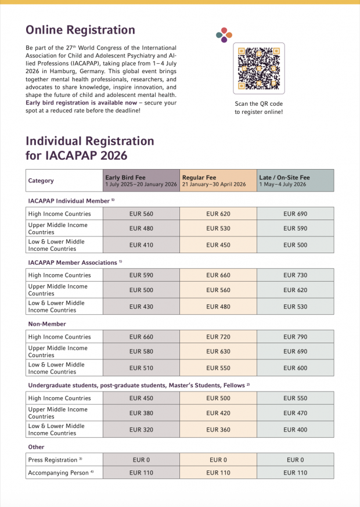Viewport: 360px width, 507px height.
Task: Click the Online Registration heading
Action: (x=80, y=30)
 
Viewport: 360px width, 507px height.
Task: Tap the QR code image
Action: (x=258, y=68)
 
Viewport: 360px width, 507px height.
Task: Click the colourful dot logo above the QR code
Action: (x=224, y=34)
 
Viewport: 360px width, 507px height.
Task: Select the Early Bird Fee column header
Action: (x=141, y=181)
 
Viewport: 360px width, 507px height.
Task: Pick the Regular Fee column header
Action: (x=218, y=181)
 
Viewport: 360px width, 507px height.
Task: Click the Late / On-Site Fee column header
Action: (x=295, y=181)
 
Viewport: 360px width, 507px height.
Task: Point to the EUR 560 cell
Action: (x=141, y=214)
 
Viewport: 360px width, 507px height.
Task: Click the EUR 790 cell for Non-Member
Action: (x=295, y=337)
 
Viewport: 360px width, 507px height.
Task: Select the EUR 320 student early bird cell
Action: (x=141, y=430)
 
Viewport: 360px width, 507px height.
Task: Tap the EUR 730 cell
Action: (x=295, y=275)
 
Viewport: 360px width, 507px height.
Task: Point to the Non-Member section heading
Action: (x=47, y=324)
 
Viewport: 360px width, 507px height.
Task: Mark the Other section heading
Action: (x=36, y=447)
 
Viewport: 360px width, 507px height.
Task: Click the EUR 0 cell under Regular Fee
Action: (x=218, y=459)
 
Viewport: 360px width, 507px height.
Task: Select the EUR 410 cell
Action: (x=141, y=245)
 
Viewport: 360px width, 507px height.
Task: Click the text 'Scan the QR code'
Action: (x=258, y=103)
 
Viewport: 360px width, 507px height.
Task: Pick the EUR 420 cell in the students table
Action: (x=218, y=413)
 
